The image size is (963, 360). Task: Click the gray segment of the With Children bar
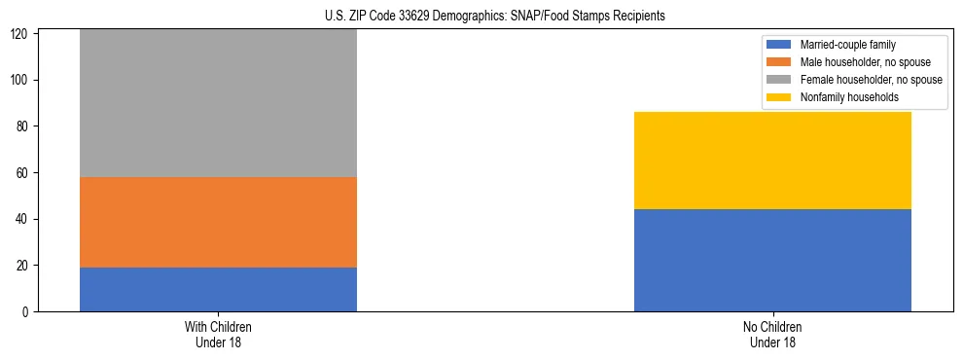218,103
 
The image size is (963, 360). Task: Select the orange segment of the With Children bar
218,222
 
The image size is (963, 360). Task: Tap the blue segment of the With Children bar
218,289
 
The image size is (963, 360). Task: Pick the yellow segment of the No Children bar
772,161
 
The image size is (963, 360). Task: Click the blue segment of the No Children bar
772,260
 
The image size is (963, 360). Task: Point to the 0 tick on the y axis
28,312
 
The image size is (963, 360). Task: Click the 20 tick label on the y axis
25,266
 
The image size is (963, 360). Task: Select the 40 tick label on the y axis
25,219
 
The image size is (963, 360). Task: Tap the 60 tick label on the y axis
25,172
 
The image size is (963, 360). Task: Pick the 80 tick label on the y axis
25,126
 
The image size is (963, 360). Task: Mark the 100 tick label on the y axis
22,80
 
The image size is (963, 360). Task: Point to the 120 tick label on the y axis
22,34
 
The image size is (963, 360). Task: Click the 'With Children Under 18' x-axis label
218,334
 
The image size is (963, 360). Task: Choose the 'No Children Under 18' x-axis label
772,334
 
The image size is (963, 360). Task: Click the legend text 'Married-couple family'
847,45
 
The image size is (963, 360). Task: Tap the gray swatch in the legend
779,80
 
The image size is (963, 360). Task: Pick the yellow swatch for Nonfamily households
779,97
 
